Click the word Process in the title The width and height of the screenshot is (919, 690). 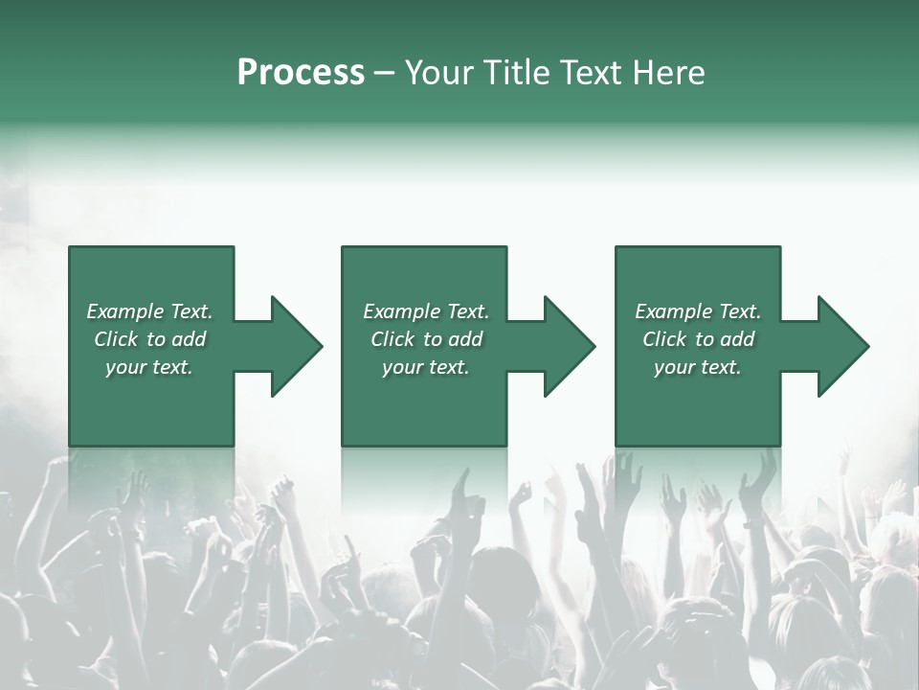(301, 73)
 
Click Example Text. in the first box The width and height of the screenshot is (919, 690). (149, 311)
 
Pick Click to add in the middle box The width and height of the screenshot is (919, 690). (426, 339)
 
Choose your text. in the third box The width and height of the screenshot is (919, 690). (697, 367)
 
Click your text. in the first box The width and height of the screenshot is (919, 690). (149, 367)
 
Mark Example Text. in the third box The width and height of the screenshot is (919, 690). (697, 311)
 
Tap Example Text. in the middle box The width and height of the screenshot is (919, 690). (426, 311)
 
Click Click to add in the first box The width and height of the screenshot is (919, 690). (149, 339)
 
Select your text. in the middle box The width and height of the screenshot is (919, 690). (426, 367)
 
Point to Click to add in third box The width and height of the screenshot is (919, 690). (697, 339)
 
